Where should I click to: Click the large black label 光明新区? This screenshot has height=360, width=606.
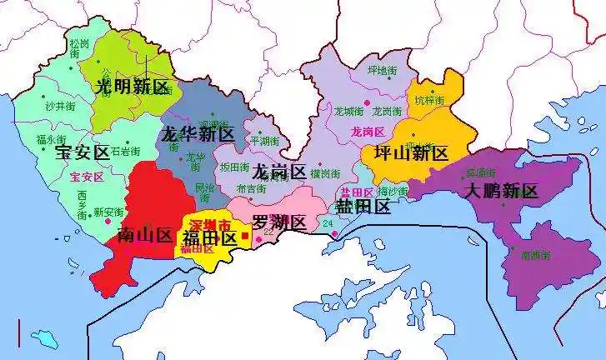pyautogui.click(x=133, y=87)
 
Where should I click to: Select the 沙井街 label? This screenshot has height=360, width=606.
pyautogui.click(x=60, y=107)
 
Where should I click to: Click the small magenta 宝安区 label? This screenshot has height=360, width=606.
pyautogui.click(x=86, y=177)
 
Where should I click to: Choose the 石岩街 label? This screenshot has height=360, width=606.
pyautogui.click(x=126, y=152)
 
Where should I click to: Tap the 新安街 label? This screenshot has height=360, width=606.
pyautogui.click(x=108, y=212)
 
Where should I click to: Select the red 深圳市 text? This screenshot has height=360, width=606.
pyautogui.click(x=208, y=226)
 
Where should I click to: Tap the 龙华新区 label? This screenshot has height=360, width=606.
pyautogui.click(x=197, y=133)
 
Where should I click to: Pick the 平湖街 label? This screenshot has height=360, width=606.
pyautogui.click(x=266, y=141)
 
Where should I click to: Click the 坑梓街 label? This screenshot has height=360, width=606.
pyautogui.click(x=431, y=100)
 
